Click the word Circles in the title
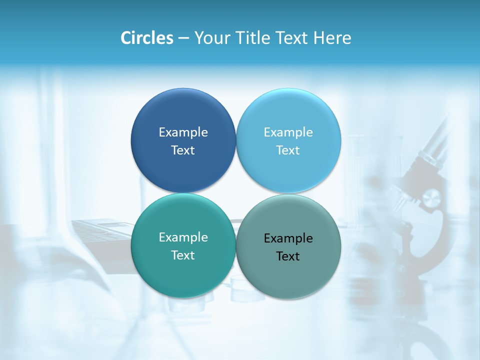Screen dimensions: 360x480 (147, 38)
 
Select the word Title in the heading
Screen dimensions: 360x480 (251, 38)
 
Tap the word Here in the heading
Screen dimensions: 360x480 (332, 38)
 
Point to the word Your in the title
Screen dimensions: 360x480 (212, 38)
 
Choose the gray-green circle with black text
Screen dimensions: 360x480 (288, 272)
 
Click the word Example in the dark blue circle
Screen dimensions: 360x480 (183, 132)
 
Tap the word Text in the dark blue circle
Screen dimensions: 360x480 (183, 150)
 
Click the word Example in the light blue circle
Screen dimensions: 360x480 (288, 132)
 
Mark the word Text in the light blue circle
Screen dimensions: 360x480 (288, 150)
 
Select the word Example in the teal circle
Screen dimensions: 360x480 (183, 237)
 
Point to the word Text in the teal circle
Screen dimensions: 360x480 (183, 255)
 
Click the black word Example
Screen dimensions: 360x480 (288, 238)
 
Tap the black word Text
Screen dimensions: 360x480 (288, 256)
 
